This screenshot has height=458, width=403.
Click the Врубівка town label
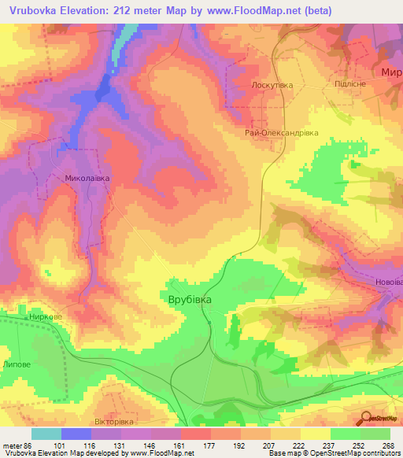tap(194, 300)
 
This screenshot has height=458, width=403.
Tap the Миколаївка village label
tap(87, 179)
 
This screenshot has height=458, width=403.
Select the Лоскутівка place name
tap(272, 84)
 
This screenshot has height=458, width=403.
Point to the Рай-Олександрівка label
tap(281, 133)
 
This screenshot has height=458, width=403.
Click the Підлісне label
tap(338, 83)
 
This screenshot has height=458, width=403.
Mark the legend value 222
tap(298, 445)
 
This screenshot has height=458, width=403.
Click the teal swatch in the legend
tap(46, 434)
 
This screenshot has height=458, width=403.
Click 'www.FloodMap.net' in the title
tap(253, 10)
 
